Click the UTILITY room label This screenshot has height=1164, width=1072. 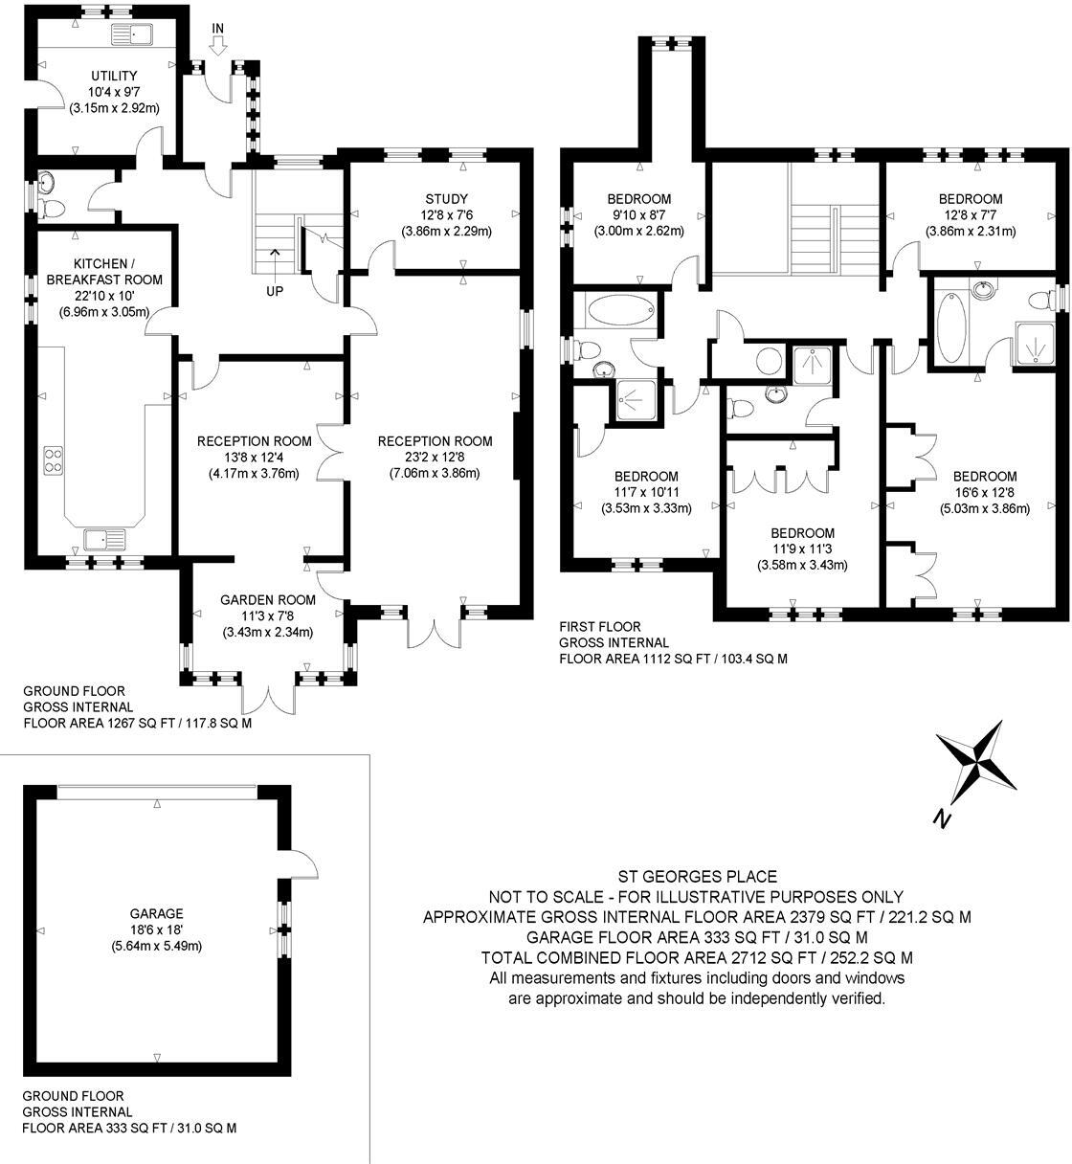click(x=114, y=76)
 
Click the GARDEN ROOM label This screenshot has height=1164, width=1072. click(x=267, y=600)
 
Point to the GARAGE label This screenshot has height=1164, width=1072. click(x=158, y=913)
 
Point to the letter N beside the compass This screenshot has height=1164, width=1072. click(x=942, y=818)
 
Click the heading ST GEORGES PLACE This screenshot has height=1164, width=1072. click(x=696, y=876)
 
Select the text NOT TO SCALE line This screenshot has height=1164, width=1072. click(x=696, y=897)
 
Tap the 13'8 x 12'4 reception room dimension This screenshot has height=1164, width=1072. click(x=254, y=458)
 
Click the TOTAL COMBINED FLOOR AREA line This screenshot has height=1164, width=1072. click(x=696, y=957)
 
